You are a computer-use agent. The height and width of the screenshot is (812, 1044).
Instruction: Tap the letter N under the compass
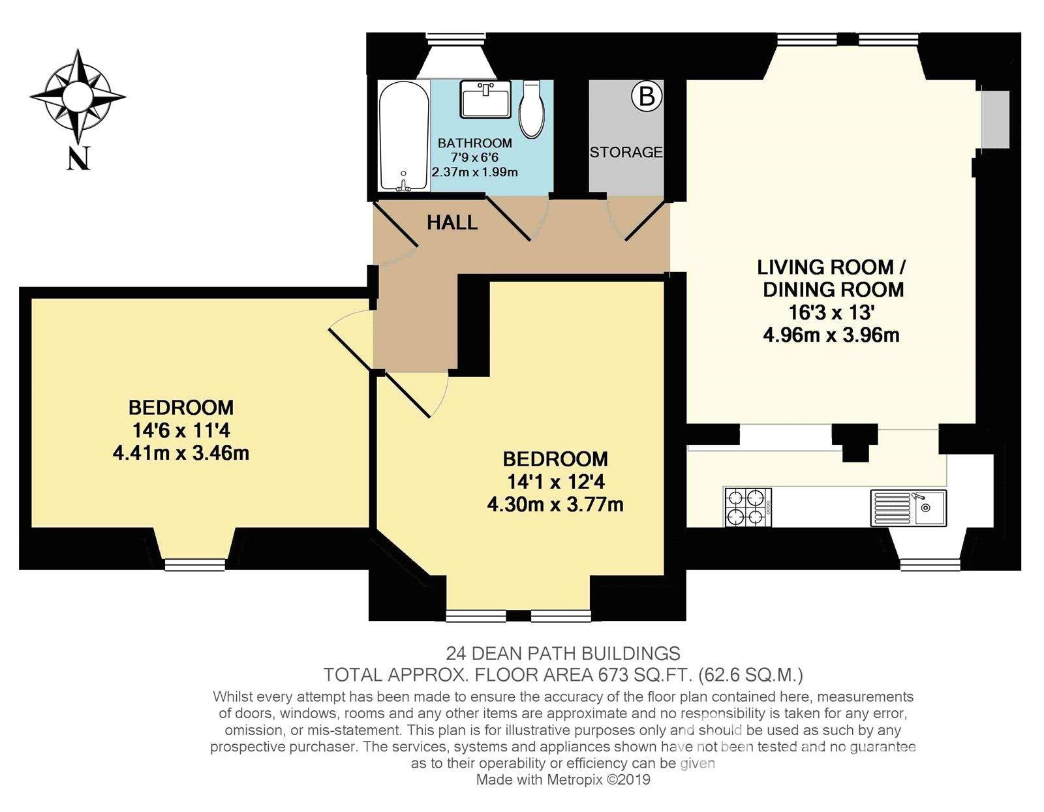click(78, 158)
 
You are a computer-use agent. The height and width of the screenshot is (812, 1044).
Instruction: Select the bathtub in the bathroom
click(403, 137)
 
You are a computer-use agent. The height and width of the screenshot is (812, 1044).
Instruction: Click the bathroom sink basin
click(485, 99)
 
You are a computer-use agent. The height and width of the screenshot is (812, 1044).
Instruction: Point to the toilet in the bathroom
click(532, 110)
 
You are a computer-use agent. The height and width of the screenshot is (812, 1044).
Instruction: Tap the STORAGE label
click(626, 152)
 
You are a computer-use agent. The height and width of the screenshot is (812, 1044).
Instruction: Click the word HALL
click(452, 223)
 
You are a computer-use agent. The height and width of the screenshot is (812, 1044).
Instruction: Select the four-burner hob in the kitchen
click(748, 507)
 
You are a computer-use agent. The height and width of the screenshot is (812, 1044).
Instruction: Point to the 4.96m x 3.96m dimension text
click(831, 335)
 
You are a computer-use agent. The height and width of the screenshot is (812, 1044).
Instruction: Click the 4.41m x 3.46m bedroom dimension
click(181, 453)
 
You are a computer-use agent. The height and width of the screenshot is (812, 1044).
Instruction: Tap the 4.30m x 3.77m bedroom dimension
click(555, 505)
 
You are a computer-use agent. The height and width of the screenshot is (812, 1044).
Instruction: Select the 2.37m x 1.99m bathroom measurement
click(474, 172)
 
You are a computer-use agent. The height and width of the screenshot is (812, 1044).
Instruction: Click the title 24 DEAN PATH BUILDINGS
click(563, 654)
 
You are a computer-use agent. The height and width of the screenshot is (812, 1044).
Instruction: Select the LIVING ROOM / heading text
click(832, 267)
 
